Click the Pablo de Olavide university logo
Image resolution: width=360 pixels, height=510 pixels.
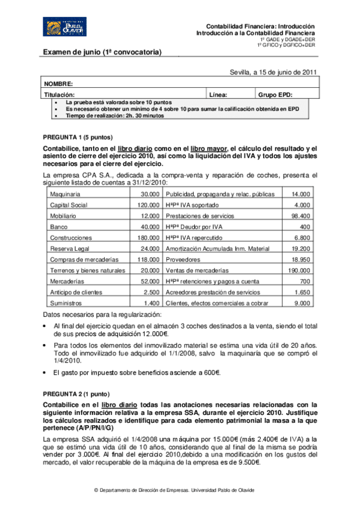click(x=61, y=28)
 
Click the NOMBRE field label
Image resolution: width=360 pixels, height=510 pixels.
click(x=58, y=84)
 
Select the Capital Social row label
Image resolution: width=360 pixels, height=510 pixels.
click(x=70, y=205)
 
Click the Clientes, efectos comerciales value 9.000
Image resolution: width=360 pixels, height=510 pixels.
click(x=302, y=303)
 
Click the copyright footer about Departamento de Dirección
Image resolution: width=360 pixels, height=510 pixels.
click(x=174, y=490)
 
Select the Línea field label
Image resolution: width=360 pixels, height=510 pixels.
click(x=218, y=95)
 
